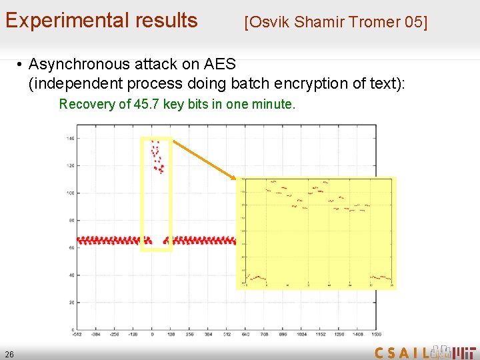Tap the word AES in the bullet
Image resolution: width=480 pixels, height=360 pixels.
tap(217, 65)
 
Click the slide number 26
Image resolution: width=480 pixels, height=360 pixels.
tap(9, 353)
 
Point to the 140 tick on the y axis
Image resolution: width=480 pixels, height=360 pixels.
tap(70, 138)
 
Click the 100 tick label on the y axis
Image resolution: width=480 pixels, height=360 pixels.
tap(70, 193)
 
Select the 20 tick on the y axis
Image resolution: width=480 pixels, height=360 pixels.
tap(71, 303)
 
